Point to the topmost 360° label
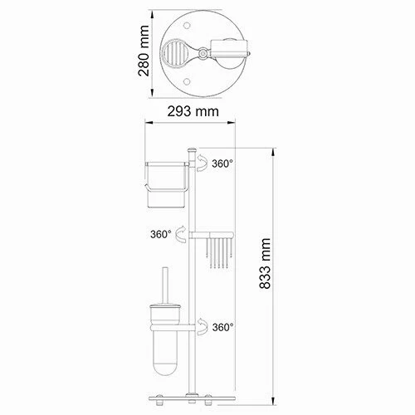point(222,164)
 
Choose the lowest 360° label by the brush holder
point(222,327)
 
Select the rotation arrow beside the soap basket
point(183,236)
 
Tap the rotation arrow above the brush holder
point(200,327)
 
